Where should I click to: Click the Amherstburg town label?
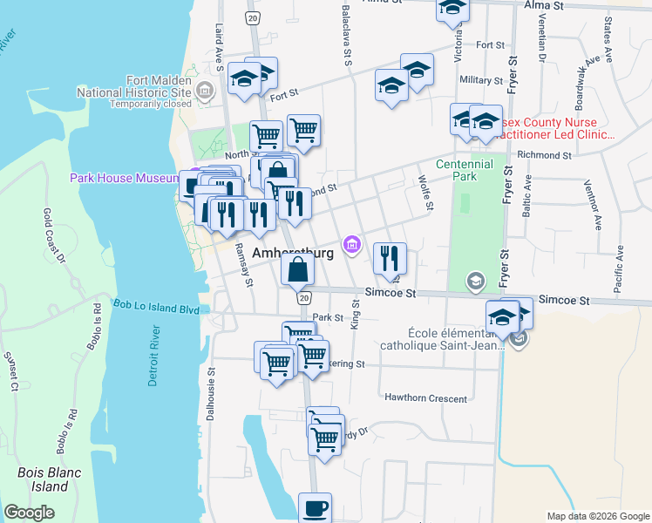292,253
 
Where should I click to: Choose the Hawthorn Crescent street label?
426,397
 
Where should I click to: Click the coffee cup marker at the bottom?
315,508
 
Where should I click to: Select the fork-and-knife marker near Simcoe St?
390,258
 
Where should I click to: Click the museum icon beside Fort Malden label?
205,89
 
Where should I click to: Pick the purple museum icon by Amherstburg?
352,244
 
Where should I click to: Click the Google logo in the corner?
30,513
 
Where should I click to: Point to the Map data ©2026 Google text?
598,516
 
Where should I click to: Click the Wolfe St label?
425,194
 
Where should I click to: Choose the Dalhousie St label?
211,392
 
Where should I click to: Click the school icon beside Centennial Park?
475,281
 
